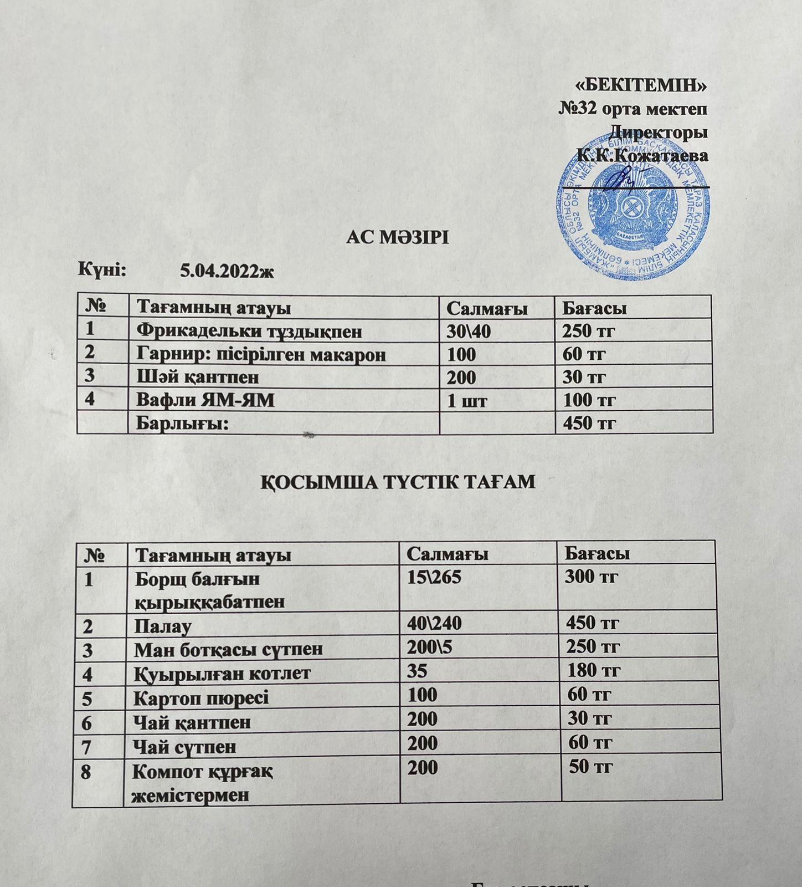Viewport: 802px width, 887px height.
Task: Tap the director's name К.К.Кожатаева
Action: tap(642, 156)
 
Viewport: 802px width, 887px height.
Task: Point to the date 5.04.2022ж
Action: tap(227, 272)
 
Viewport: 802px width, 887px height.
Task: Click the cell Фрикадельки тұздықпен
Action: tap(249, 332)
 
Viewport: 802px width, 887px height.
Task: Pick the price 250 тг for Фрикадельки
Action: tap(589, 332)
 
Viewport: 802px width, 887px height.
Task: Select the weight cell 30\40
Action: tap(469, 332)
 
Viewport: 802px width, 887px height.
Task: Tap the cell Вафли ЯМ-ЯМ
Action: tap(205, 400)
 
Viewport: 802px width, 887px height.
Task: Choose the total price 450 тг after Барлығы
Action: tap(589, 424)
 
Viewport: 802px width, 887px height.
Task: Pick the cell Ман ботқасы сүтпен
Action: tap(228, 649)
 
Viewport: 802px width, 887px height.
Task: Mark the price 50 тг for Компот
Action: tap(590, 767)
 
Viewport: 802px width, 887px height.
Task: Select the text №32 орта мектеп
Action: tap(633, 108)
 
